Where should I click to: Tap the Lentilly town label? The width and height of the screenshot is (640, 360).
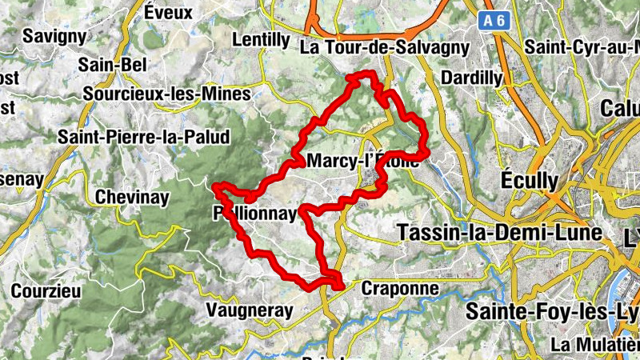click(x=260, y=40)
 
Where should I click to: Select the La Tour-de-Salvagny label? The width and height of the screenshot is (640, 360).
click(x=384, y=48)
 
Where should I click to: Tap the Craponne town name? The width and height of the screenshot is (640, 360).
click(x=400, y=287)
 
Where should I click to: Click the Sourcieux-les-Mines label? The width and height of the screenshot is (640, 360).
click(x=167, y=94)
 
